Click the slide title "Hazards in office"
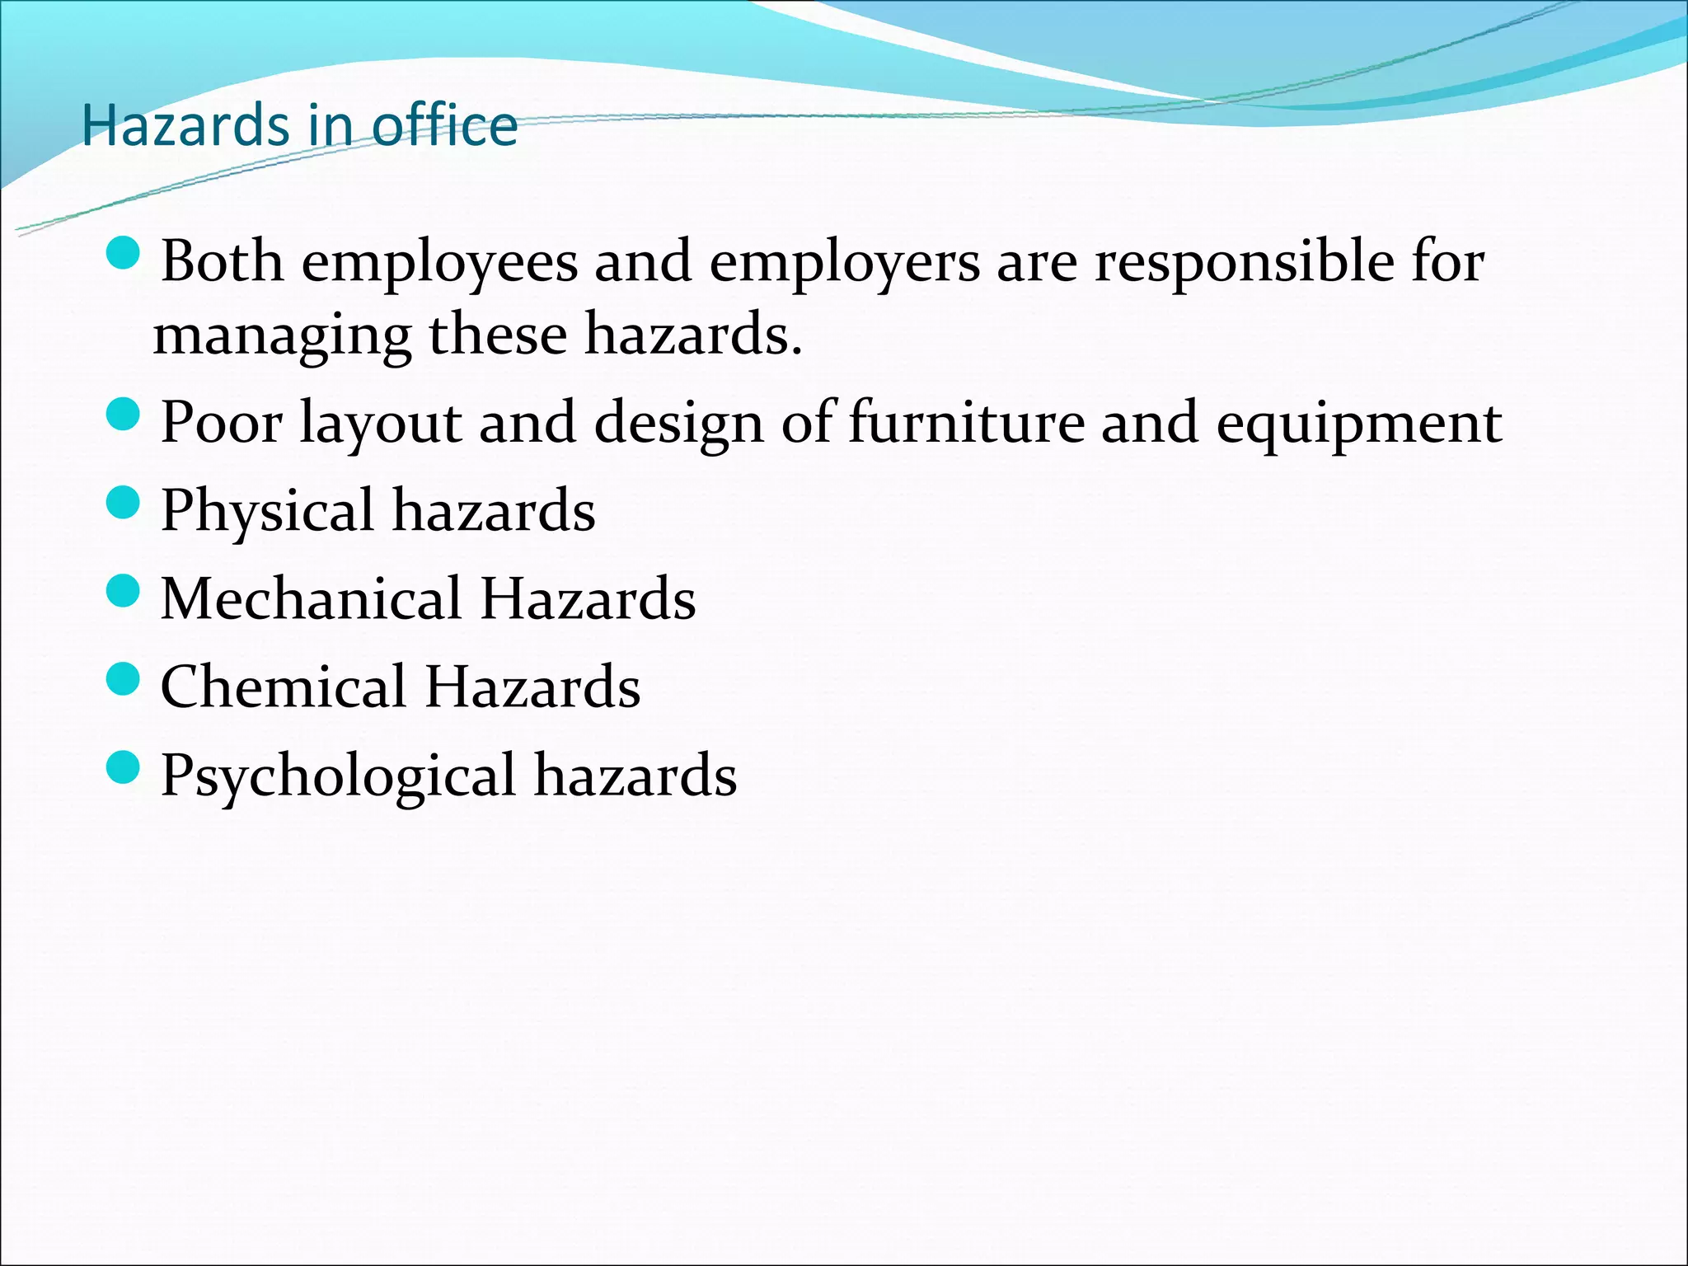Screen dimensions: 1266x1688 300,126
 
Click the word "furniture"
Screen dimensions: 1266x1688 966,422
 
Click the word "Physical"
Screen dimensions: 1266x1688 268,512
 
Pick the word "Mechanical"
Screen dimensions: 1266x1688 311,598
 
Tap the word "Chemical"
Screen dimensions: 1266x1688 284,687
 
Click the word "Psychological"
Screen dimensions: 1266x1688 338,776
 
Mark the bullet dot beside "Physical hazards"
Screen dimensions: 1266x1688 124,502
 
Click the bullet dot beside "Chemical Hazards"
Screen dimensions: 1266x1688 124,679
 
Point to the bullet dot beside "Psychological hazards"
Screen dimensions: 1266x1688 124,767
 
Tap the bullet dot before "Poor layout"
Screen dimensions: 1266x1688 124,414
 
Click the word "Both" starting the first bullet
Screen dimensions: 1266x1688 221,262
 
